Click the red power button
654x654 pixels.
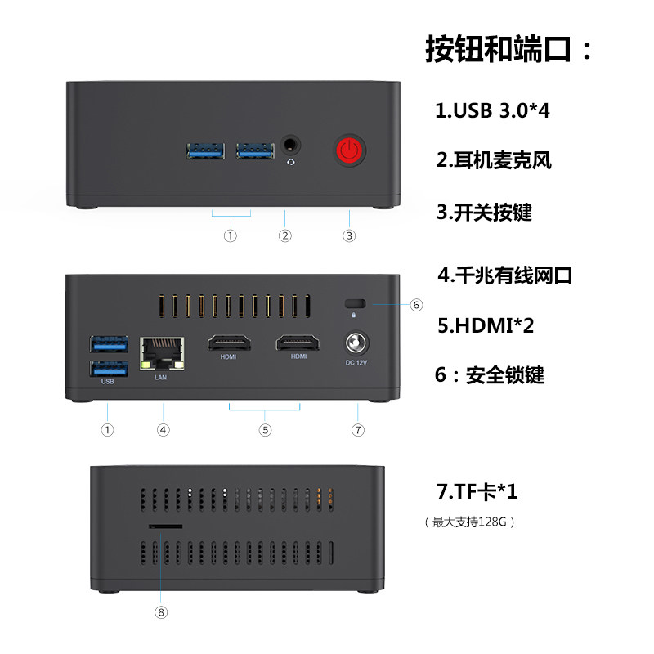click(349, 150)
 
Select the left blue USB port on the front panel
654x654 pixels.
click(205, 150)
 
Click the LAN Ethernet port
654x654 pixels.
click(163, 349)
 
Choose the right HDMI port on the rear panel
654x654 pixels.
click(298, 343)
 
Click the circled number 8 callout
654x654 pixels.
click(161, 611)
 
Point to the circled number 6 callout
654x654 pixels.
click(416, 305)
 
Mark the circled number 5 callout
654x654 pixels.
click(265, 429)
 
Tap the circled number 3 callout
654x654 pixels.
click(349, 236)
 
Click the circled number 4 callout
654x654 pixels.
click(163, 429)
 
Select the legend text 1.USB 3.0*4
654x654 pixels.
click(492, 110)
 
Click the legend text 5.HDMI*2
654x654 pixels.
click(486, 325)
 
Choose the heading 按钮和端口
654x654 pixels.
click(508, 49)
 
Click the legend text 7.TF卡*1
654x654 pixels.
click(477, 492)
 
